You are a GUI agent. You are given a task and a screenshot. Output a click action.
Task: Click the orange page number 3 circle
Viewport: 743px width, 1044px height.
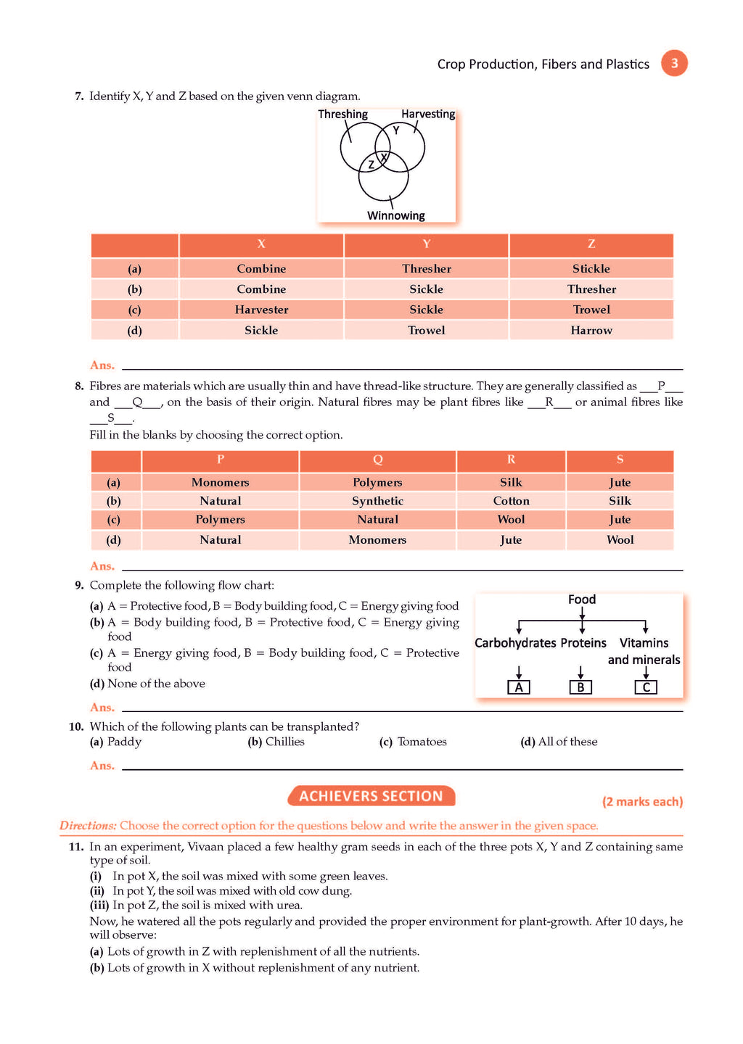click(x=674, y=63)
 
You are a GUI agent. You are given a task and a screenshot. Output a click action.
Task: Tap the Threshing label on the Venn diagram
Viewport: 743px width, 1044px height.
click(x=342, y=115)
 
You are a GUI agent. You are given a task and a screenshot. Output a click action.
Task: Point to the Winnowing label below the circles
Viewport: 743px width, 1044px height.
click(x=395, y=215)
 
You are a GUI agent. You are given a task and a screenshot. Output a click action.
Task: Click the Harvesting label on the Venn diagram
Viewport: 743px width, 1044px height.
click(x=428, y=115)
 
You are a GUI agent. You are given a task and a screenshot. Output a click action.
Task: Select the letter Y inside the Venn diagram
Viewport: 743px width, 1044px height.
click(x=396, y=130)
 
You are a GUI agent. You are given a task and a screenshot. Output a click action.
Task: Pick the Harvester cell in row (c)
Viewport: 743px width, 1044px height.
click(x=261, y=310)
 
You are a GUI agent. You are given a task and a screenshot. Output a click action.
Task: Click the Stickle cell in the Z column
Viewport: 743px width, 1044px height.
click(x=591, y=269)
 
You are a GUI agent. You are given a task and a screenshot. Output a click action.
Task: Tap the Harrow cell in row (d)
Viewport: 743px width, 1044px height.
click(x=591, y=331)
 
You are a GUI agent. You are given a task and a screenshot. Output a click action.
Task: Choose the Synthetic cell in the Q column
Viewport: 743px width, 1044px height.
click(x=377, y=501)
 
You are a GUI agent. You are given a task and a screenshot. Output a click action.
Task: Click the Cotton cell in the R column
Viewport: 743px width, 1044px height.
click(x=511, y=501)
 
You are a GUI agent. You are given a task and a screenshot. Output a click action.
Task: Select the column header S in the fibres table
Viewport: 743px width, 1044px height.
click(x=620, y=460)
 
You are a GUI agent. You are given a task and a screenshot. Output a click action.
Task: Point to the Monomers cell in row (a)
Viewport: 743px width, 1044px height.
click(x=220, y=483)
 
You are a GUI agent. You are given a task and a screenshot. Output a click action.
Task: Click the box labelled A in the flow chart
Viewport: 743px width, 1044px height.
click(x=518, y=687)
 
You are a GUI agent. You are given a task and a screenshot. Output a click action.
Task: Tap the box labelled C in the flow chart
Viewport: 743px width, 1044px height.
click(x=646, y=687)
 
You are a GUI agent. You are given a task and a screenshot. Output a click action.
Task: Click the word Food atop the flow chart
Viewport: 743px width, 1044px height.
click(x=582, y=600)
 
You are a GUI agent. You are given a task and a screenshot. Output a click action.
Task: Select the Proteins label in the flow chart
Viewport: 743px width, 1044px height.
click(x=583, y=643)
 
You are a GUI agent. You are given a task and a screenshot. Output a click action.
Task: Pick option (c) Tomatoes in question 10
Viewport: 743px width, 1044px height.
click(x=414, y=742)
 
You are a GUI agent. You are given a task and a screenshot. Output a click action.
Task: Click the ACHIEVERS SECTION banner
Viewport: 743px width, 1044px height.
click(x=371, y=796)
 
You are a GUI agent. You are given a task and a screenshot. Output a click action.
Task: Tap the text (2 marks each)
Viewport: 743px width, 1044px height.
click(x=642, y=802)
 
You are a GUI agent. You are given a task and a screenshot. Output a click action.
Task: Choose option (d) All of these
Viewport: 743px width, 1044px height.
click(x=559, y=742)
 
